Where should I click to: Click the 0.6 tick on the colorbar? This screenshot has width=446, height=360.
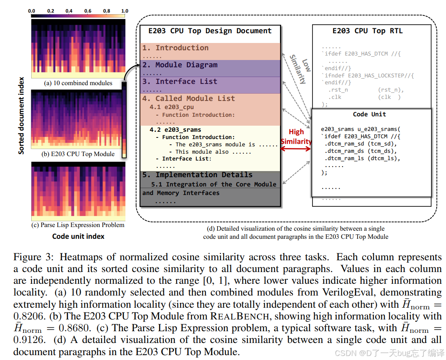87,11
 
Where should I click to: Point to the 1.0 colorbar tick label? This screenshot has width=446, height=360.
124,11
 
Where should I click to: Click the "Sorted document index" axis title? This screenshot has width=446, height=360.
21,116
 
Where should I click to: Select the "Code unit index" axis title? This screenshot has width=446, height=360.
78,236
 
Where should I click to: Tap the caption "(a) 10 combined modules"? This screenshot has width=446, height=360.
78,83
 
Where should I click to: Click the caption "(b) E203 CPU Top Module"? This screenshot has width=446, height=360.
78,154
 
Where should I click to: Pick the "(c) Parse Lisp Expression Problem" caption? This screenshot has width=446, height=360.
78,225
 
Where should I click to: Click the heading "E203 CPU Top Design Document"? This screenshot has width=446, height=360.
210,31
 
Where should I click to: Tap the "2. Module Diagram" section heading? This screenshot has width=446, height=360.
186,65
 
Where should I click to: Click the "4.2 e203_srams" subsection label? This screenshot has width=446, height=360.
175,130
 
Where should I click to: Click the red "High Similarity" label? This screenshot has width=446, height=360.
296,137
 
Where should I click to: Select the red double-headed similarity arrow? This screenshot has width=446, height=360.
295,149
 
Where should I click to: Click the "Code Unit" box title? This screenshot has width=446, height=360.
369,115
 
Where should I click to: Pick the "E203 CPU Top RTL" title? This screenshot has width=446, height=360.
367,31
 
